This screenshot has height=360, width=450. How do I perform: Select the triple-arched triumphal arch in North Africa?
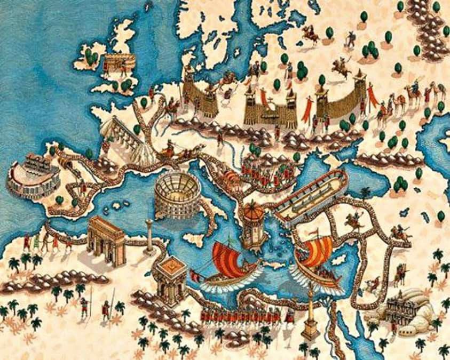[107, 239]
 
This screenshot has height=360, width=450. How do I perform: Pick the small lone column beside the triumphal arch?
[149, 235]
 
